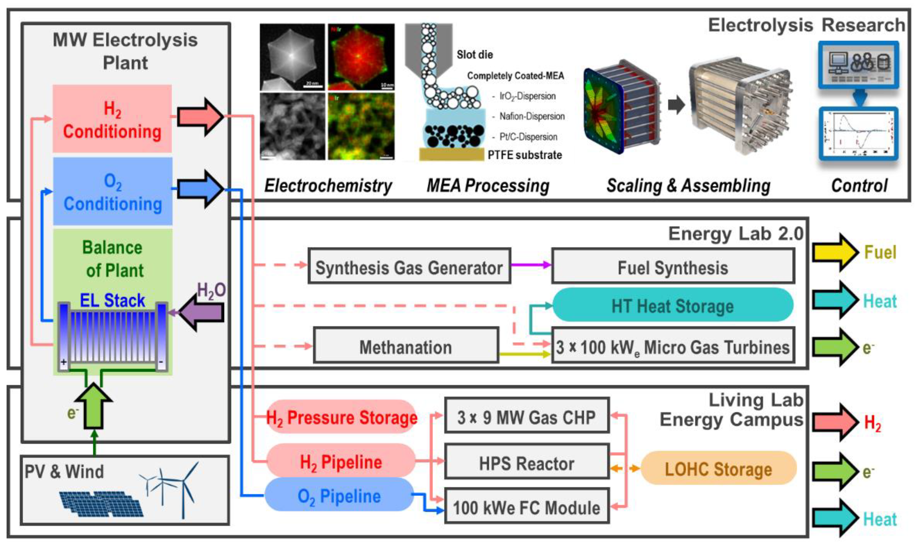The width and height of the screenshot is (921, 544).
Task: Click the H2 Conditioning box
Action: tap(112, 119)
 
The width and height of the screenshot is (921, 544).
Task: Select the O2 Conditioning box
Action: tap(112, 191)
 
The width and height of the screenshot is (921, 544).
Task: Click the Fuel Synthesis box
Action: tap(673, 266)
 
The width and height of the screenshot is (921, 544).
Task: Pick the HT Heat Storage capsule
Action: tap(673, 305)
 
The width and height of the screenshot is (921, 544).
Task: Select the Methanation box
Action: tap(406, 346)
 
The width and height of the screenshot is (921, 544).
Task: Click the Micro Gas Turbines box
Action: tap(673, 346)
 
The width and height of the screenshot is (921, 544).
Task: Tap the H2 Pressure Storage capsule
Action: tap(341, 417)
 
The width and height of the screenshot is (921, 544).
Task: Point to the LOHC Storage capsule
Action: tap(718, 468)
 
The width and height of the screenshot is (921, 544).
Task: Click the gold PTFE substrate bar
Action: tap(451, 154)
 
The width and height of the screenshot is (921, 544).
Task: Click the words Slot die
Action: tap(475, 55)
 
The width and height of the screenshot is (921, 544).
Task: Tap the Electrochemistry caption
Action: tap(328, 186)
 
